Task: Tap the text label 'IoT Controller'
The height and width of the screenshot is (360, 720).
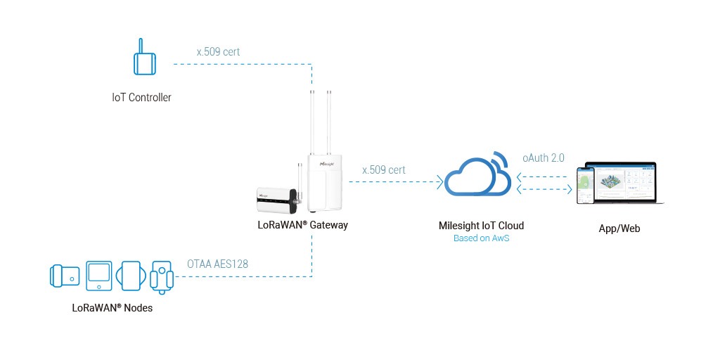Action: click(141, 98)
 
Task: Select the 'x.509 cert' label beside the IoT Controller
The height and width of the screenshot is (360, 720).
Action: click(218, 51)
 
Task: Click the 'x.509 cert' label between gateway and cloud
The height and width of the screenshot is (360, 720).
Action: click(383, 169)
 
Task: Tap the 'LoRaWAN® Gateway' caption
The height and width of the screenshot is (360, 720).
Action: click(302, 226)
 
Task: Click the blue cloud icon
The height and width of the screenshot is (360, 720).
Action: click(477, 176)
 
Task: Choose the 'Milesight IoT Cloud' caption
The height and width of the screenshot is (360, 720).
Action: click(480, 226)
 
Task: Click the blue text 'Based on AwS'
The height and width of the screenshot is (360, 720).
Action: click(480, 239)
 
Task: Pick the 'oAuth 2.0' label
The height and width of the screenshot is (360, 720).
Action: click(544, 158)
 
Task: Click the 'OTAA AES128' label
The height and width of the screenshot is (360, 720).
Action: click(217, 264)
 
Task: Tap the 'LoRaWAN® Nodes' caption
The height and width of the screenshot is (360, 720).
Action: click(112, 307)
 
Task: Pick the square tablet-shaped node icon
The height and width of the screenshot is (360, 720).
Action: click(98, 275)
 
